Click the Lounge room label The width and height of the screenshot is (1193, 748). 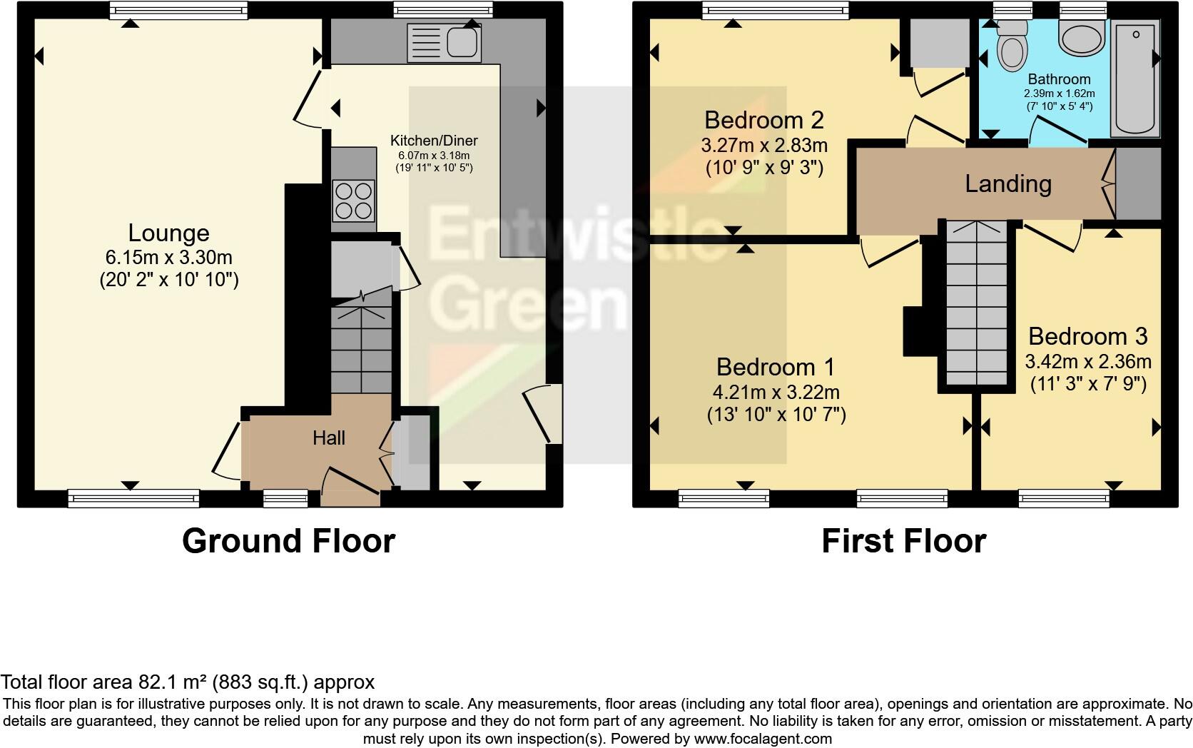pos(168,233)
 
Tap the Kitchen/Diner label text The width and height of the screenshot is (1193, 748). pos(434,141)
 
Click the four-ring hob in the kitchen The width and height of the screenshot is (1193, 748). pos(354,201)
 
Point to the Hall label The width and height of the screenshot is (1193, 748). pos(329,438)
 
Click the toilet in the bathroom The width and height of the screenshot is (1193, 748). pos(1011,47)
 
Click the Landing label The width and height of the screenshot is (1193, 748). pos(1008,184)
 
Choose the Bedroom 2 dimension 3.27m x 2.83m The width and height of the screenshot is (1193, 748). pos(764,146)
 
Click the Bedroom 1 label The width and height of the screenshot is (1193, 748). pos(776,367)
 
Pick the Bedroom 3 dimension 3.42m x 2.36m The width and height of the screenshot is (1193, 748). pos(1088,361)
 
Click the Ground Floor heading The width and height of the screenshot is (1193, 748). pos(288,540)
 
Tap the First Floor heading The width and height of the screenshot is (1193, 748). pos(903,540)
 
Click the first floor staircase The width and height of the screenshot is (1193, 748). pos(976,307)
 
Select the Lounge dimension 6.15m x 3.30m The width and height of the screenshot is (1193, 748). pos(168,257)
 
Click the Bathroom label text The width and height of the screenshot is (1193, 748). pos(1059,79)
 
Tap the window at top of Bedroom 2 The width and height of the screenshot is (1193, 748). pos(776,10)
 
